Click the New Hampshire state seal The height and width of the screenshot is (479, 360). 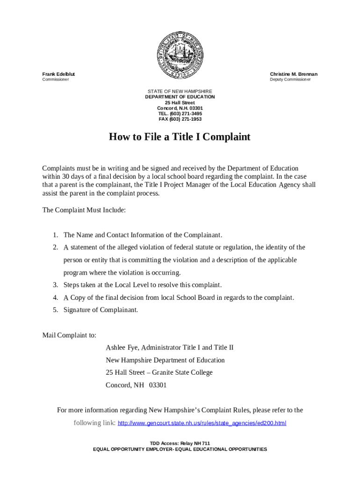click(x=180, y=56)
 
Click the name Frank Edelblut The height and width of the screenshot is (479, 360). click(x=58, y=74)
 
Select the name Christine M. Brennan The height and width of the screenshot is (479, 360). click(x=294, y=74)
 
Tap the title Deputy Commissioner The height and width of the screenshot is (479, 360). click(x=290, y=80)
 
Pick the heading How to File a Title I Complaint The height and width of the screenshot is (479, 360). click(x=180, y=137)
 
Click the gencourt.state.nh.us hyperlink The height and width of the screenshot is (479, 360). click(x=202, y=423)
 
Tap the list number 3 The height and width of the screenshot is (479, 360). click(x=55, y=285)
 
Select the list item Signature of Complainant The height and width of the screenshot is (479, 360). click(x=101, y=310)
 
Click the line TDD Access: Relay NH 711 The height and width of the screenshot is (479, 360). click(x=180, y=443)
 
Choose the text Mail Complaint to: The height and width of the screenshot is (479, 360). click(x=69, y=335)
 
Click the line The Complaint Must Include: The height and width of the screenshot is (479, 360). click(x=84, y=210)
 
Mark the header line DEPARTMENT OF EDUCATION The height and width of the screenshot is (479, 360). click(x=180, y=97)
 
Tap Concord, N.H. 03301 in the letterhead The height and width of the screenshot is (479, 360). click(x=180, y=108)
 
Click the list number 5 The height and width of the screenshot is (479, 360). click(x=55, y=310)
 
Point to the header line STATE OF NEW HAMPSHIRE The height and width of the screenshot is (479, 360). click(x=180, y=91)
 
